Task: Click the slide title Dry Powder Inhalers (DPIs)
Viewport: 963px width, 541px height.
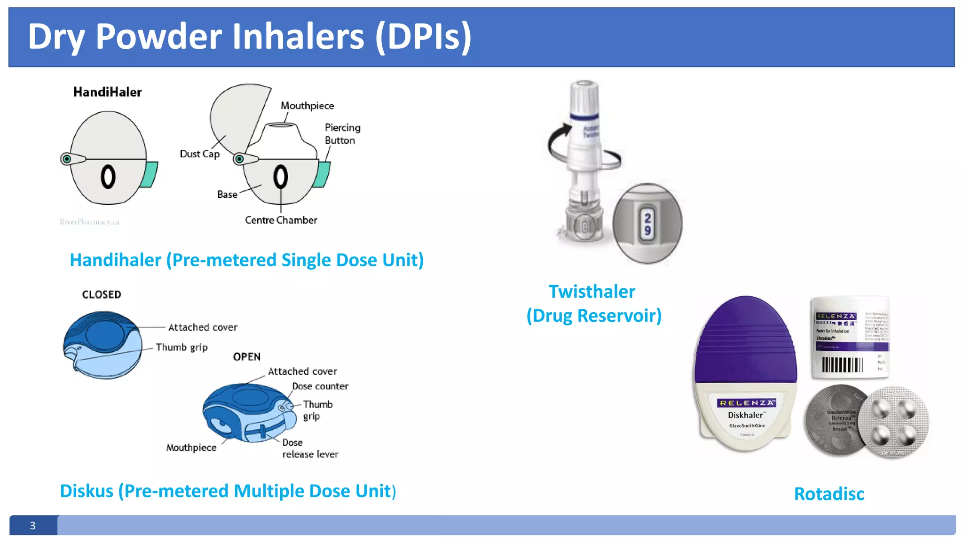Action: click(249, 37)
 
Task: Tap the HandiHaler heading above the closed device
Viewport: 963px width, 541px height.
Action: click(107, 92)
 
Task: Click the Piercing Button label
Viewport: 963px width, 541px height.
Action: click(342, 134)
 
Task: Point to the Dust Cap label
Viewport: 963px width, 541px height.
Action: click(199, 154)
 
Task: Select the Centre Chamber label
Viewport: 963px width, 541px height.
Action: click(281, 220)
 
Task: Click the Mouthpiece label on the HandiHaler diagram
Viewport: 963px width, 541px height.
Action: click(307, 106)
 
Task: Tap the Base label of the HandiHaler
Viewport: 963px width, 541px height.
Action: click(227, 194)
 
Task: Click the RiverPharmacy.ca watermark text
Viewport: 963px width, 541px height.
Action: click(89, 222)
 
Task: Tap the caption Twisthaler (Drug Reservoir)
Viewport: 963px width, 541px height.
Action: click(593, 303)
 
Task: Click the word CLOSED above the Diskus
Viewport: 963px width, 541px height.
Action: click(102, 294)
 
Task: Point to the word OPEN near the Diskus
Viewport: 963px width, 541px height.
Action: click(247, 357)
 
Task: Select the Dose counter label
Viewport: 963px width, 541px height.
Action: click(320, 386)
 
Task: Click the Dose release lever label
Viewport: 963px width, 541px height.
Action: click(310, 448)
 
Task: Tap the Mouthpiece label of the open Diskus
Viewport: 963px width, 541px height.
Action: click(191, 448)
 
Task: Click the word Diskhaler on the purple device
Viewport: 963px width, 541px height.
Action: click(745, 415)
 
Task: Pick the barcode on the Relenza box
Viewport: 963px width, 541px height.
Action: click(842, 365)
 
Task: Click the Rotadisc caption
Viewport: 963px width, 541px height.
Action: click(829, 494)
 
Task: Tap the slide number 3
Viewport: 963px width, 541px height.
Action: click(32, 526)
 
